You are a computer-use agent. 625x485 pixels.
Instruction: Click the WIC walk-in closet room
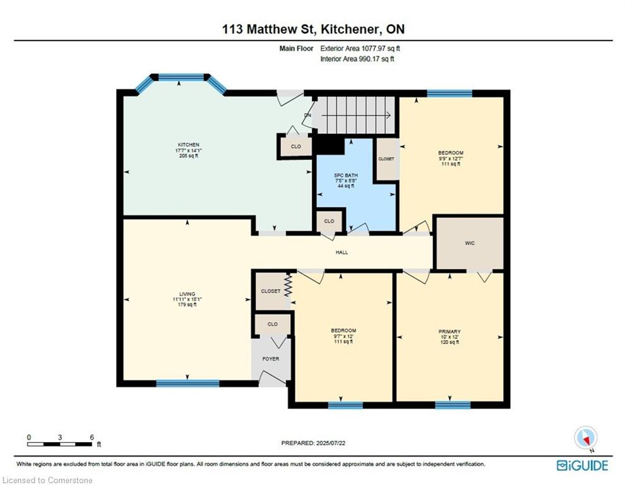(468, 242)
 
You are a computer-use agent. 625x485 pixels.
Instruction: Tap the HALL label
(342, 252)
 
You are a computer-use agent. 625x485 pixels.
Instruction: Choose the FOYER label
(270, 359)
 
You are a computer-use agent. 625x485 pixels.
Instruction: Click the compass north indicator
(585, 437)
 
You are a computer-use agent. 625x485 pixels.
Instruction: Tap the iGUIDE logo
(582, 465)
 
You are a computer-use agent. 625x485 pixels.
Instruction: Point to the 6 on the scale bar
(92, 437)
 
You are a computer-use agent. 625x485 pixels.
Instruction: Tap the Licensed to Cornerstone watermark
(47, 480)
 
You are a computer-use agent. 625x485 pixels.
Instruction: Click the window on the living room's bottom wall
(187, 383)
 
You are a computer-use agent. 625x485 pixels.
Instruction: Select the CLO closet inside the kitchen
(295, 146)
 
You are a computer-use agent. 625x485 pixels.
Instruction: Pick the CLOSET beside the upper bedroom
(386, 159)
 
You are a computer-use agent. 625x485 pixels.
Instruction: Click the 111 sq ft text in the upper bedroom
(451, 164)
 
